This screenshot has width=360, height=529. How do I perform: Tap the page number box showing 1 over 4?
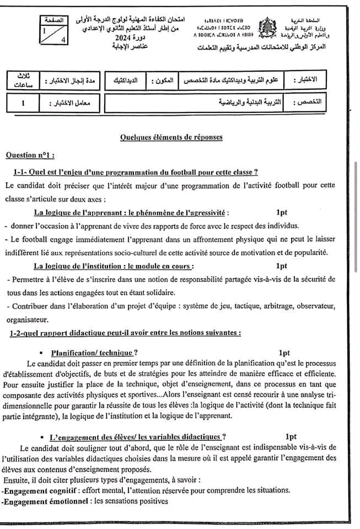point(56,32)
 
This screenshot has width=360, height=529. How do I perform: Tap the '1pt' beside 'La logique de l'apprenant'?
point(282,212)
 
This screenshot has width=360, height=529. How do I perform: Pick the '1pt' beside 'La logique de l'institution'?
point(282,266)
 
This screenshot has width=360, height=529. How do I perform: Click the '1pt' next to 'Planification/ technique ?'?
point(284,352)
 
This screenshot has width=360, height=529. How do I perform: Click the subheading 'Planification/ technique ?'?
point(94,353)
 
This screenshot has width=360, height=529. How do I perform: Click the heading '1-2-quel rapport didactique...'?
point(125,332)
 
